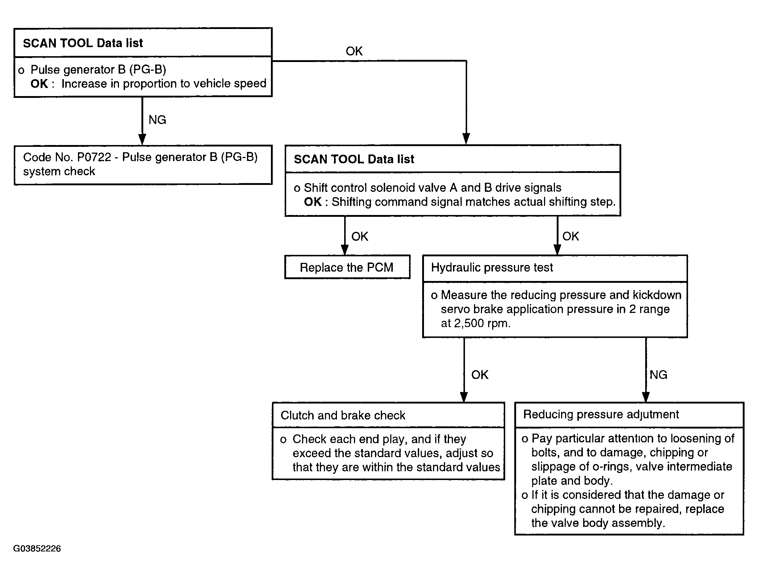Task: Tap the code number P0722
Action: [94, 157]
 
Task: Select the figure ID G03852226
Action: [37, 549]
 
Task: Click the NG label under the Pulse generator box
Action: [157, 120]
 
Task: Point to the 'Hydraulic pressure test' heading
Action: [492, 268]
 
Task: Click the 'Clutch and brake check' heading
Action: [343, 415]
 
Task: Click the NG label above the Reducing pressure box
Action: [658, 375]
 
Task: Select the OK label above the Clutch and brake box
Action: [479, 375]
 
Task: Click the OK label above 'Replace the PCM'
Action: [360, 236]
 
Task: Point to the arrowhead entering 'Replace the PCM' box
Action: [345, 250]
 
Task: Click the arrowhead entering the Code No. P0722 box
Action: [143, 140]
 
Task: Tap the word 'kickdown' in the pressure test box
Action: [657, 295]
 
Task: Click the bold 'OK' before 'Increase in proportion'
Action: [39, 84]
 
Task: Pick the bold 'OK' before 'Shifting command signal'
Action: [313, 202]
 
